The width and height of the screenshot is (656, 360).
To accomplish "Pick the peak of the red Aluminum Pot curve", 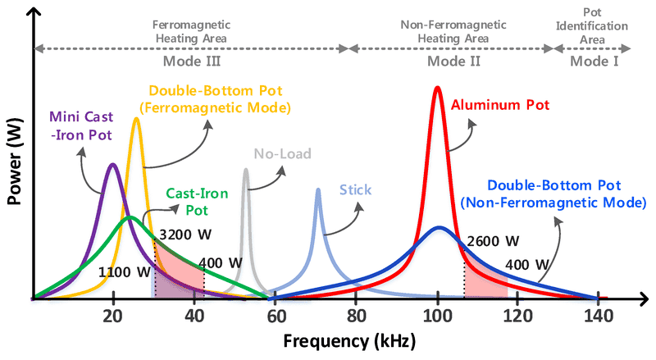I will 437,87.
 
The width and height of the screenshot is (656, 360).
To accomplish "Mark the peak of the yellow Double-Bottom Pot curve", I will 136,119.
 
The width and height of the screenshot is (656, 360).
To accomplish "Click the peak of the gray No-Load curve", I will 245,170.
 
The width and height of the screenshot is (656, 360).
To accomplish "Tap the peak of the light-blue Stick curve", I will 317,189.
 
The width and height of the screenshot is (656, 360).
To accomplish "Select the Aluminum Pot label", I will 499,104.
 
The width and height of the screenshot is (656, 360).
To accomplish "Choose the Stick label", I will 356,190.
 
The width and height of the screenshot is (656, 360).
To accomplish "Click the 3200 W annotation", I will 184,234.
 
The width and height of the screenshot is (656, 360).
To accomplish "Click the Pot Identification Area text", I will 594,25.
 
